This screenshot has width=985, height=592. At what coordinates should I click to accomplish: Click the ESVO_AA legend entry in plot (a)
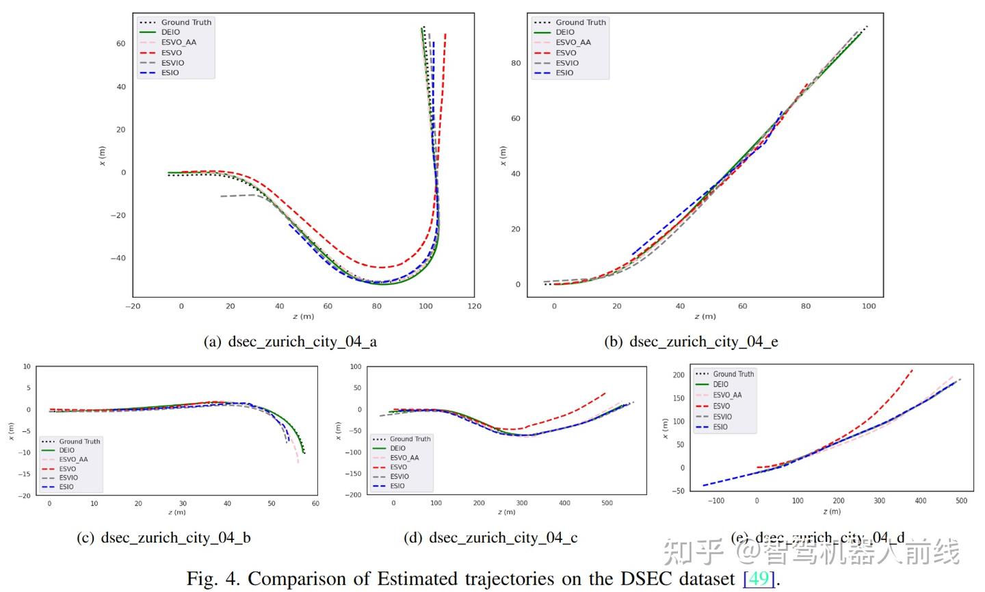(178, 42)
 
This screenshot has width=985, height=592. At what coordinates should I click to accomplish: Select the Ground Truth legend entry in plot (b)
(580, 23)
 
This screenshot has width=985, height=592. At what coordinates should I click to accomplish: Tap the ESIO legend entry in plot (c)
(66, 487)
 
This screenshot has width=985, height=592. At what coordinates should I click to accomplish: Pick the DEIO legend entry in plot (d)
(397, 448)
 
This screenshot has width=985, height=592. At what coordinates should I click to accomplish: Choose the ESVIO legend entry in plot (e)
(722, 417)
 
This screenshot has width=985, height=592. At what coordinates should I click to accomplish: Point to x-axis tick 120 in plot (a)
(474, 306)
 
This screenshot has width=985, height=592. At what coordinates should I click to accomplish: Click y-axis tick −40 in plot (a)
(118, 258)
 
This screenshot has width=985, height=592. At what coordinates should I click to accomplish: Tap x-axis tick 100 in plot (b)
(869, 306)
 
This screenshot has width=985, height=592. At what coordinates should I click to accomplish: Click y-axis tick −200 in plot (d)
(354, 495)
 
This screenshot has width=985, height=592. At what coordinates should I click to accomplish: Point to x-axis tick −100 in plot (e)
(715, 501)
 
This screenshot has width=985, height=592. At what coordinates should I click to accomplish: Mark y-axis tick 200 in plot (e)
(678, 375)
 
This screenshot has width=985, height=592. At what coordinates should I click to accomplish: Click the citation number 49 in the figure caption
(759, 579)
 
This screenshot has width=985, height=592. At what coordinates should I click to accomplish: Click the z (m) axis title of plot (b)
(705, 316)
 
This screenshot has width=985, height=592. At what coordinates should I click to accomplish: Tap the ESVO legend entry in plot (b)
(565, 53)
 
